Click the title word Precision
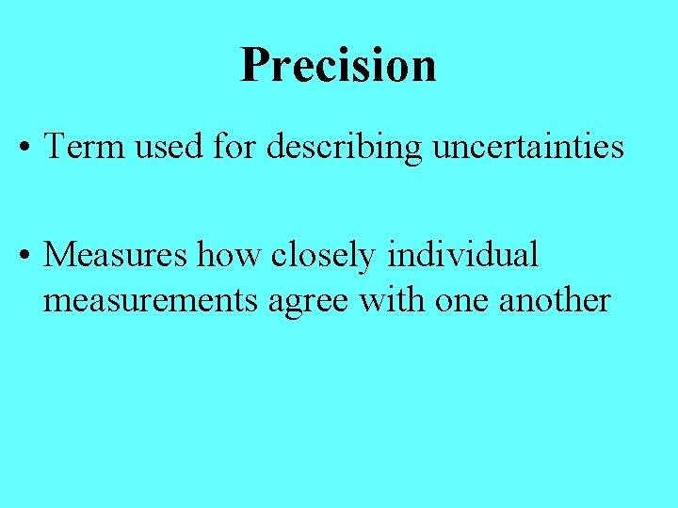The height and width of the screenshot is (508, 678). coord(338,66)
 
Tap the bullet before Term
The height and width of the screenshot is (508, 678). coord(26,149)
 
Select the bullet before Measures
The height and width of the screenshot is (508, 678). coord(26,256)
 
